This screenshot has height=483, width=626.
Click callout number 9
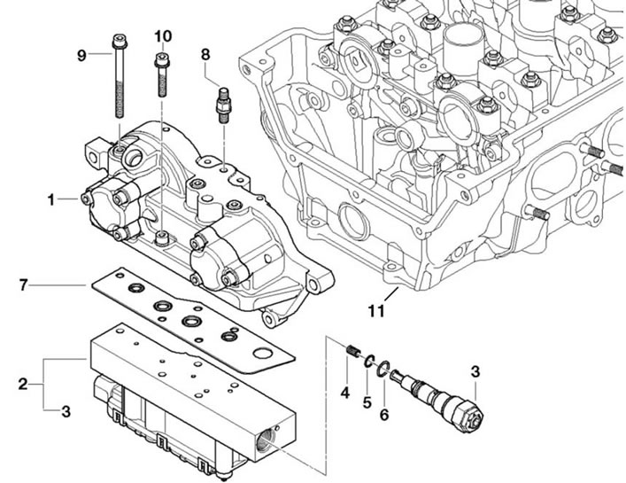click(x=81, y=56)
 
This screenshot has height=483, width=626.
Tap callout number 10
click(x=163, y=36)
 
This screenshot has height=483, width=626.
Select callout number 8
click(x=205, y=54)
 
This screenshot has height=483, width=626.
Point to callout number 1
click(x=50, y=199)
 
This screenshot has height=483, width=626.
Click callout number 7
click(x=24, y=285)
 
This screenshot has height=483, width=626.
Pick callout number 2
click(x=23, y=384)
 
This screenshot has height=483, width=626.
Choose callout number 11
click(x=376, y=310)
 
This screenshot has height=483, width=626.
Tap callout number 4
click(x=345, y=393)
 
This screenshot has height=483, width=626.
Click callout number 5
click(x=367, y=402)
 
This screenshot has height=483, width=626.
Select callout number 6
click(x=384, y=415)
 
